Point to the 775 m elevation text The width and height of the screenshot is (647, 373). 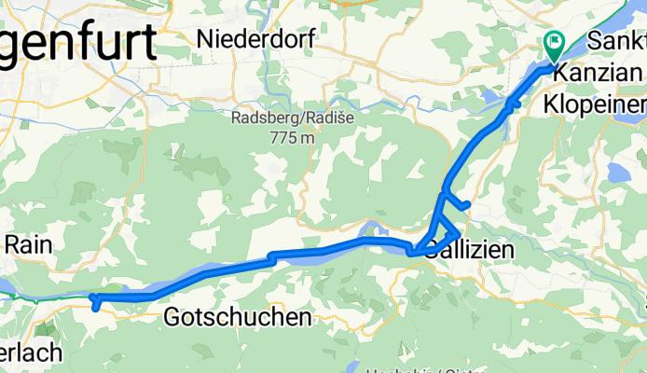coord(290,138)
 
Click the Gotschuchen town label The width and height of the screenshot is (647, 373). coord(237,318)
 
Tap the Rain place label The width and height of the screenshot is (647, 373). coord(28,245)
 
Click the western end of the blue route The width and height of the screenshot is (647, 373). coord(91,297)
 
